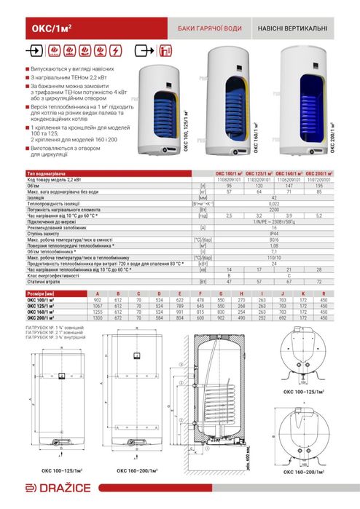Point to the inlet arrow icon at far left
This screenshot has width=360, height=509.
[x=34, y=51]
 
